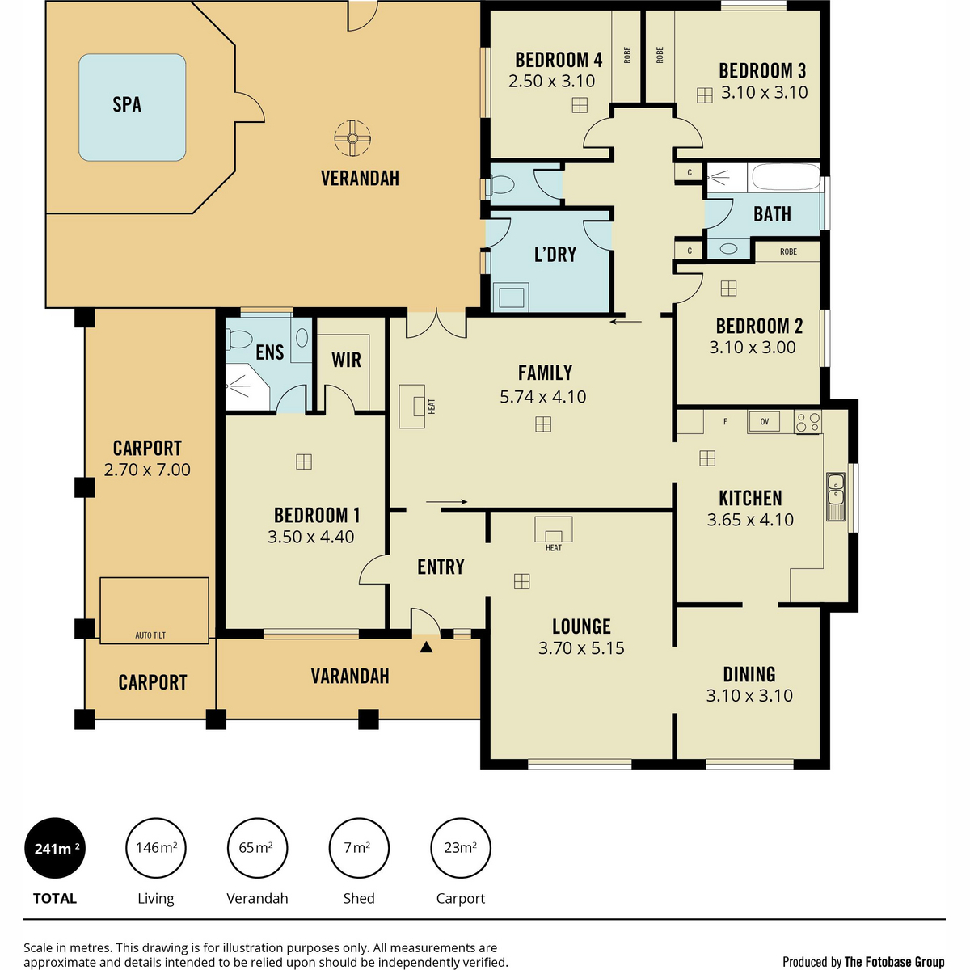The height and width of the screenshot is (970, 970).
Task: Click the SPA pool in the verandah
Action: tap(133, 108)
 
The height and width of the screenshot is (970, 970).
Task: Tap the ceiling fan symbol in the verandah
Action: tap(352, 138)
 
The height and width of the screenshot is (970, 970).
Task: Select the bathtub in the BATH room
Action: tap(785, 177)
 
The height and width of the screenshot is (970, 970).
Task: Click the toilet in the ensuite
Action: tap(240, 338)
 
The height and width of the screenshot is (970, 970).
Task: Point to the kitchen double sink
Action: tap(836, 496)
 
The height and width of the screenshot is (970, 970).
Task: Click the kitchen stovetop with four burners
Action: tap(808, 422)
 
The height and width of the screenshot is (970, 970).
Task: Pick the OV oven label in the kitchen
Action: tap(764, 421)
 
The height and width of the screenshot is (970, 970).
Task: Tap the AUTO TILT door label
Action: tap(150, 635)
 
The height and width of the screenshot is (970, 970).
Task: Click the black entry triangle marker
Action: tap(426, 647)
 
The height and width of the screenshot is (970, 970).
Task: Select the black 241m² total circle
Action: tap(55, 848)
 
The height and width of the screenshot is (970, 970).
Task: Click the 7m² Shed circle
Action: tap(359, 848)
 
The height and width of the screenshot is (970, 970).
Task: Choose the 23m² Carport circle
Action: tap(461, 848)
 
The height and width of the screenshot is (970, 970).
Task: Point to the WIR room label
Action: tap(346, 360)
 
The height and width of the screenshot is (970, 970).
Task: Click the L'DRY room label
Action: tap(555, 255)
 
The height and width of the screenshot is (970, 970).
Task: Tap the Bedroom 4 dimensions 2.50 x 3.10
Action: tap(552, 81)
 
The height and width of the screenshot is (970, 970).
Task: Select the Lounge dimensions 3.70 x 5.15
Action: tap(581, 647)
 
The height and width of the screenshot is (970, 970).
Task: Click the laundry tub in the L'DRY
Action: tap(511, 297)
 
